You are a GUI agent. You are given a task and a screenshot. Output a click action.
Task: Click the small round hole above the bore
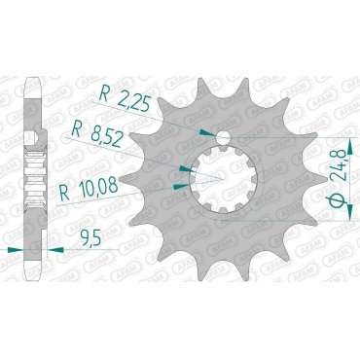[x=223, y=137]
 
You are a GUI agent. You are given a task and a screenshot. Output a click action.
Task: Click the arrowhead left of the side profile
[x=25, y=250]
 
